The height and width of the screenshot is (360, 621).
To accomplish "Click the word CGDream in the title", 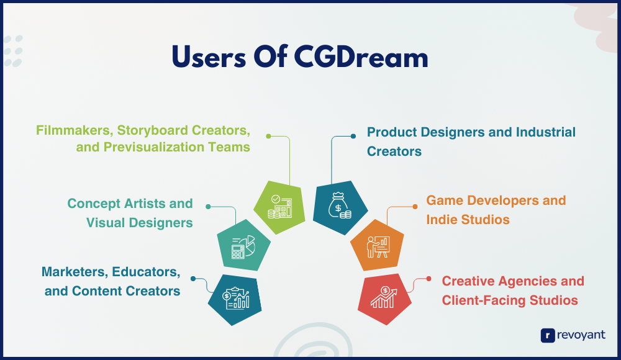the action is point(361,57).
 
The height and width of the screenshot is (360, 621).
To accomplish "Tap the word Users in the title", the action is point(209,57).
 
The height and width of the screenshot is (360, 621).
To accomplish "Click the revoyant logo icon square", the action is point(548,335).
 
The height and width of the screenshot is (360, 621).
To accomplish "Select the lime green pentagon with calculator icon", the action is point(279,207).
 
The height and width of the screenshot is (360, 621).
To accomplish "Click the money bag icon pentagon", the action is point(340,207).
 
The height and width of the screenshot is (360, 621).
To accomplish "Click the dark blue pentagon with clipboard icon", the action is point(235,300).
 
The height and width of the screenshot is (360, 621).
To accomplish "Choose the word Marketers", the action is point(75,272).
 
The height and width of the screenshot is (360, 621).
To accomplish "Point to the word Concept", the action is point(94,204).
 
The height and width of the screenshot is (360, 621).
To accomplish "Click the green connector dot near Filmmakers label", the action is point(268,136).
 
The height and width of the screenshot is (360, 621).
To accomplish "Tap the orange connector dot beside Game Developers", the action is point(415,206).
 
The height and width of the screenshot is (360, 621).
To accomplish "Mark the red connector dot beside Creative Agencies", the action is point(428,279).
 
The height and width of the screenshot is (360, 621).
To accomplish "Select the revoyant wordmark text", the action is point(581,335).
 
